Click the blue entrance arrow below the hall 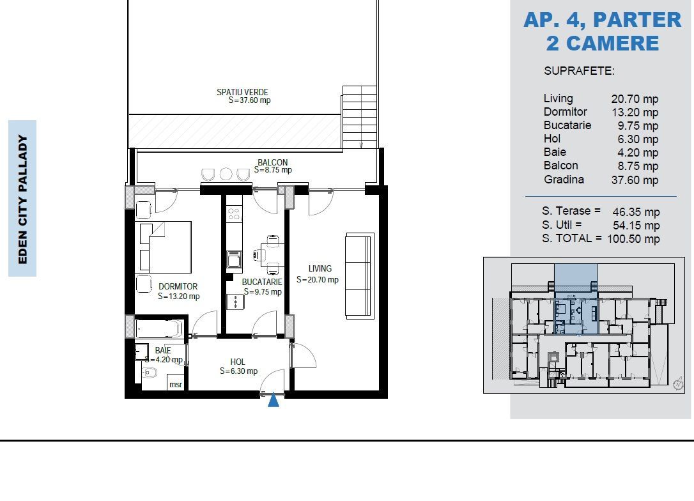point(274,399)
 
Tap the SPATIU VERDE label point(243,92)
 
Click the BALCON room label point(273,162)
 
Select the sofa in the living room point(359,275)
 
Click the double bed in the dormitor point(170,247)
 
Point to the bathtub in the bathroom point(159,329)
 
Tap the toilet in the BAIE point(150,373)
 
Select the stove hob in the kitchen point(234,214)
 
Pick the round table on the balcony point(226,174)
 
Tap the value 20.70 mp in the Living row point(635,98)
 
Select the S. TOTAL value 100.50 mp point(633,239)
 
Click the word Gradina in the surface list point(564,180)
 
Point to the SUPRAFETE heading point(579,71)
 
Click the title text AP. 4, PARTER point(603,20)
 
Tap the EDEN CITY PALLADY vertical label point(22,199)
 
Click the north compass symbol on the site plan point(677,383)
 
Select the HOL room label point(238,362)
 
